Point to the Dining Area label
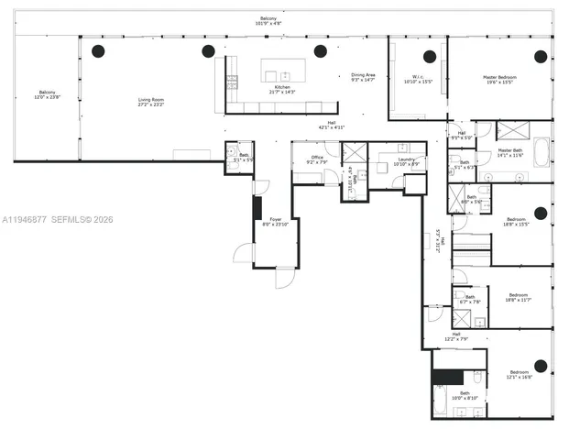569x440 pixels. point(364,78)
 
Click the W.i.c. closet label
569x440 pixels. point(417,80)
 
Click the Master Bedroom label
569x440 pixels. point(501,80)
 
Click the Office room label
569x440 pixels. point(317,159)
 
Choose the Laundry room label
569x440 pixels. point(406,161)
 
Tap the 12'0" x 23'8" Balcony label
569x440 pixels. point(47,95)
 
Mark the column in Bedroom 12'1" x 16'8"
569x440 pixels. point(541,366)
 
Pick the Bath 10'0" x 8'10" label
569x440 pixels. point(458,395)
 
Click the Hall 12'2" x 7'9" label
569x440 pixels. point(455,337)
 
